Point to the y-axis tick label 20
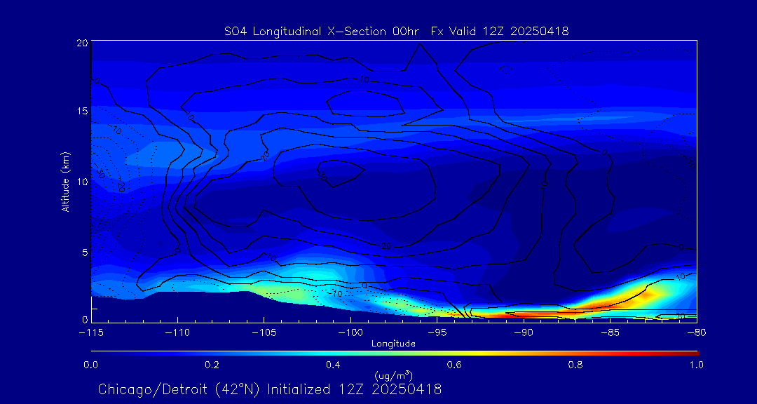81,43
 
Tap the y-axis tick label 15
81,112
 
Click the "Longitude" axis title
393,343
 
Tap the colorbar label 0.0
90,365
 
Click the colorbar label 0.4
333,365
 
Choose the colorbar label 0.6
454,365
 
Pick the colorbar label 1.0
696,365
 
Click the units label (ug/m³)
393,375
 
